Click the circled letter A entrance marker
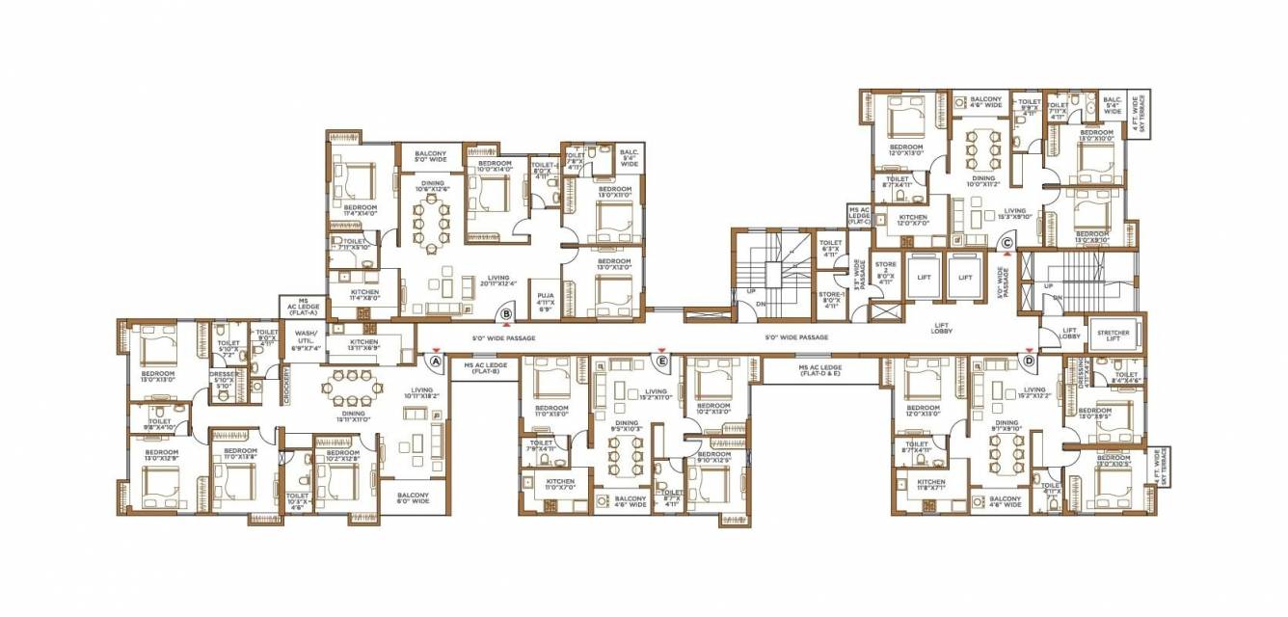[x=436, y=362]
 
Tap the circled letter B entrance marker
[x=505, y=312]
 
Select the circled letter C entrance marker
[x=1006, y=244]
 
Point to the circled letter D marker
[x=1030, y=362]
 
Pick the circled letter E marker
[x=661, y=362]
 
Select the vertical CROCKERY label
[x=286, y=383]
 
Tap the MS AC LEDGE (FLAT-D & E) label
[x=819, y=370]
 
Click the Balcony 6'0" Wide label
[x=413, y=498]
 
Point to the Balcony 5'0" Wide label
[x=429, y=157]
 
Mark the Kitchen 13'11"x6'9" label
[x=364, y=345]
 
